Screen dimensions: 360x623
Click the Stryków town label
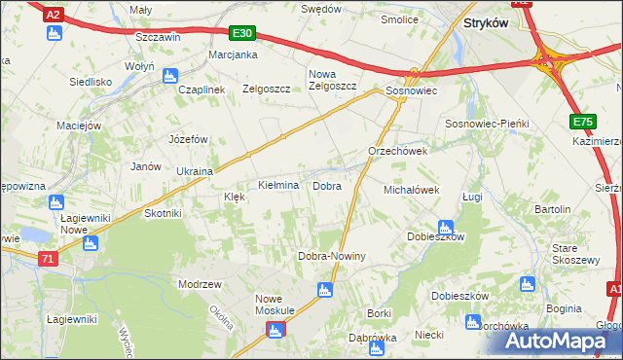tap(486, 21)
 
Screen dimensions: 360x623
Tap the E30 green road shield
tap(243, 33)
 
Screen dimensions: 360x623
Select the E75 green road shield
tap(582, 121)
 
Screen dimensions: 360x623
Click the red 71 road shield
tap(49, 259)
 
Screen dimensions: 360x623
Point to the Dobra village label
tap(326, 185)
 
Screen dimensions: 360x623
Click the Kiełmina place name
tap(277, 185)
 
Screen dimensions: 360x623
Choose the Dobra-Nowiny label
tap(331, 256)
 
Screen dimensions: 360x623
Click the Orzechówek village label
tap(398, 152)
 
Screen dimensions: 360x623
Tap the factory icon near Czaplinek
tap(169, 74)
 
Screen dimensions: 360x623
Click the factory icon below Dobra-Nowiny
tap(325, 289)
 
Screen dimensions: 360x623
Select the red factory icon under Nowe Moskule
tap(274, 331)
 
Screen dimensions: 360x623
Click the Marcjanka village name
tap(232, 54)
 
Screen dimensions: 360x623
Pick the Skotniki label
tap(163, 213)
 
